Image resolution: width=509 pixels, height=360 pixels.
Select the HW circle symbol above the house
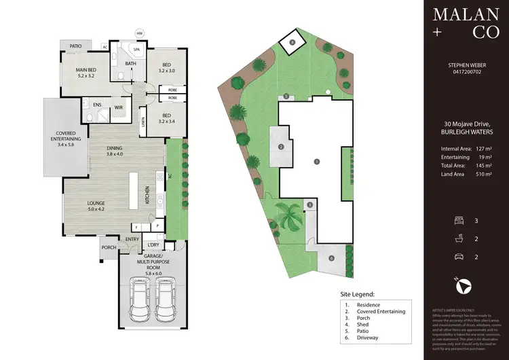pos(140,33)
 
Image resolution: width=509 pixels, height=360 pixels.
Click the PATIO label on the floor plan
pos(76,46)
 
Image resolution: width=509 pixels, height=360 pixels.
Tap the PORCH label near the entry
pos(109,247)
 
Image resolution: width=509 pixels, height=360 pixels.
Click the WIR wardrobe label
pos(118,107)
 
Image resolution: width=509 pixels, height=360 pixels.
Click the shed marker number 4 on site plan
pos(293,42)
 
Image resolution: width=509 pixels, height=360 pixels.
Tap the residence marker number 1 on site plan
pos(316,161)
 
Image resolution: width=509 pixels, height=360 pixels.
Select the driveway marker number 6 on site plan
pos(331,258)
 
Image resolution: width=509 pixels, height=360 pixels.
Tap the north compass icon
pos(462,289)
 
